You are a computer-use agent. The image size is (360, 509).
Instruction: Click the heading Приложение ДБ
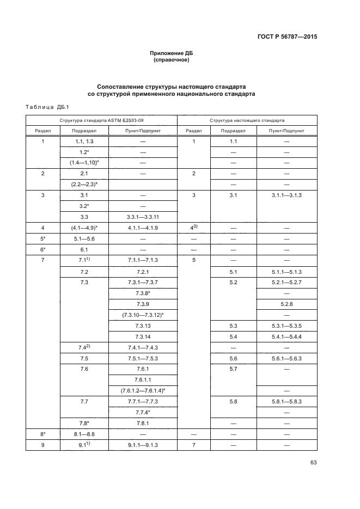(x=172, y=53)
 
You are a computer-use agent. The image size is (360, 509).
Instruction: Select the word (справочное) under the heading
(x=172, y=60)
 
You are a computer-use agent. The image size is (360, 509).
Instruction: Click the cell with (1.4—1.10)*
(x=84, y=162)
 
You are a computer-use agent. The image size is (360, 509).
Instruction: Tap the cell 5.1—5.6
(x=84, y=238)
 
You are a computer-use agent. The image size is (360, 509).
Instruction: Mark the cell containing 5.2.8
(x=286, y=304)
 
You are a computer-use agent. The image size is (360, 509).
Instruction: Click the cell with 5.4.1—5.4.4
(x=286, y=337)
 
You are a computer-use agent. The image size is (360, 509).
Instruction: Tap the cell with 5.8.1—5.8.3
(x=286, y=402)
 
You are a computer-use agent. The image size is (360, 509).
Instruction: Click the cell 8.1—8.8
(x=84, y=435)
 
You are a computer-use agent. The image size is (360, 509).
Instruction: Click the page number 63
(x=313, y=463)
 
